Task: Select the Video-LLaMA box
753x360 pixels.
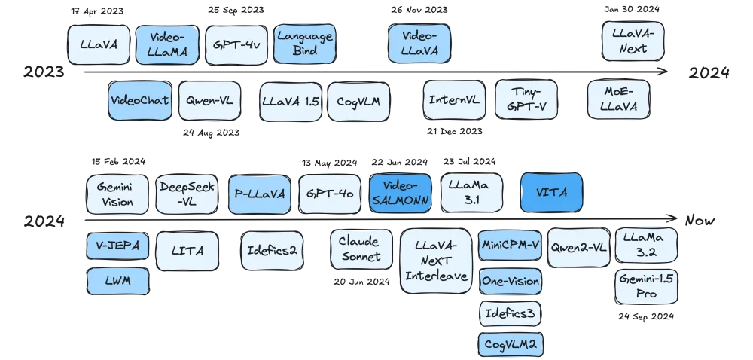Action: pos(167,44)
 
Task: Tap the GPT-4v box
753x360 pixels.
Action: pos(236,44)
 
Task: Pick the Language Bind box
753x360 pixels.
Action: pos(303,44)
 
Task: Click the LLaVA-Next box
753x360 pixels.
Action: pos(634,41)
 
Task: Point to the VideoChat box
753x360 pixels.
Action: pos(139,101)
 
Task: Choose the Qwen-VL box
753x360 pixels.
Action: pos(209,101)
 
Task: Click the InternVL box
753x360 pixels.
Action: pos(454,100)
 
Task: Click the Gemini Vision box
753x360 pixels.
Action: pos(117,194)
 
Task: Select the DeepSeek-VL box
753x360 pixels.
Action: pos(186,194)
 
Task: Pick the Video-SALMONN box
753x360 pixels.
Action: pos(401,193)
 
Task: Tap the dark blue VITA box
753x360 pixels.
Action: pos(552,193)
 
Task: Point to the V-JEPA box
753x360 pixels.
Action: pos(117,246)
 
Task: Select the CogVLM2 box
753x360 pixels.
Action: pos(510,345)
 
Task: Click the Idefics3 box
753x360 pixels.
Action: pos(510,313)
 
